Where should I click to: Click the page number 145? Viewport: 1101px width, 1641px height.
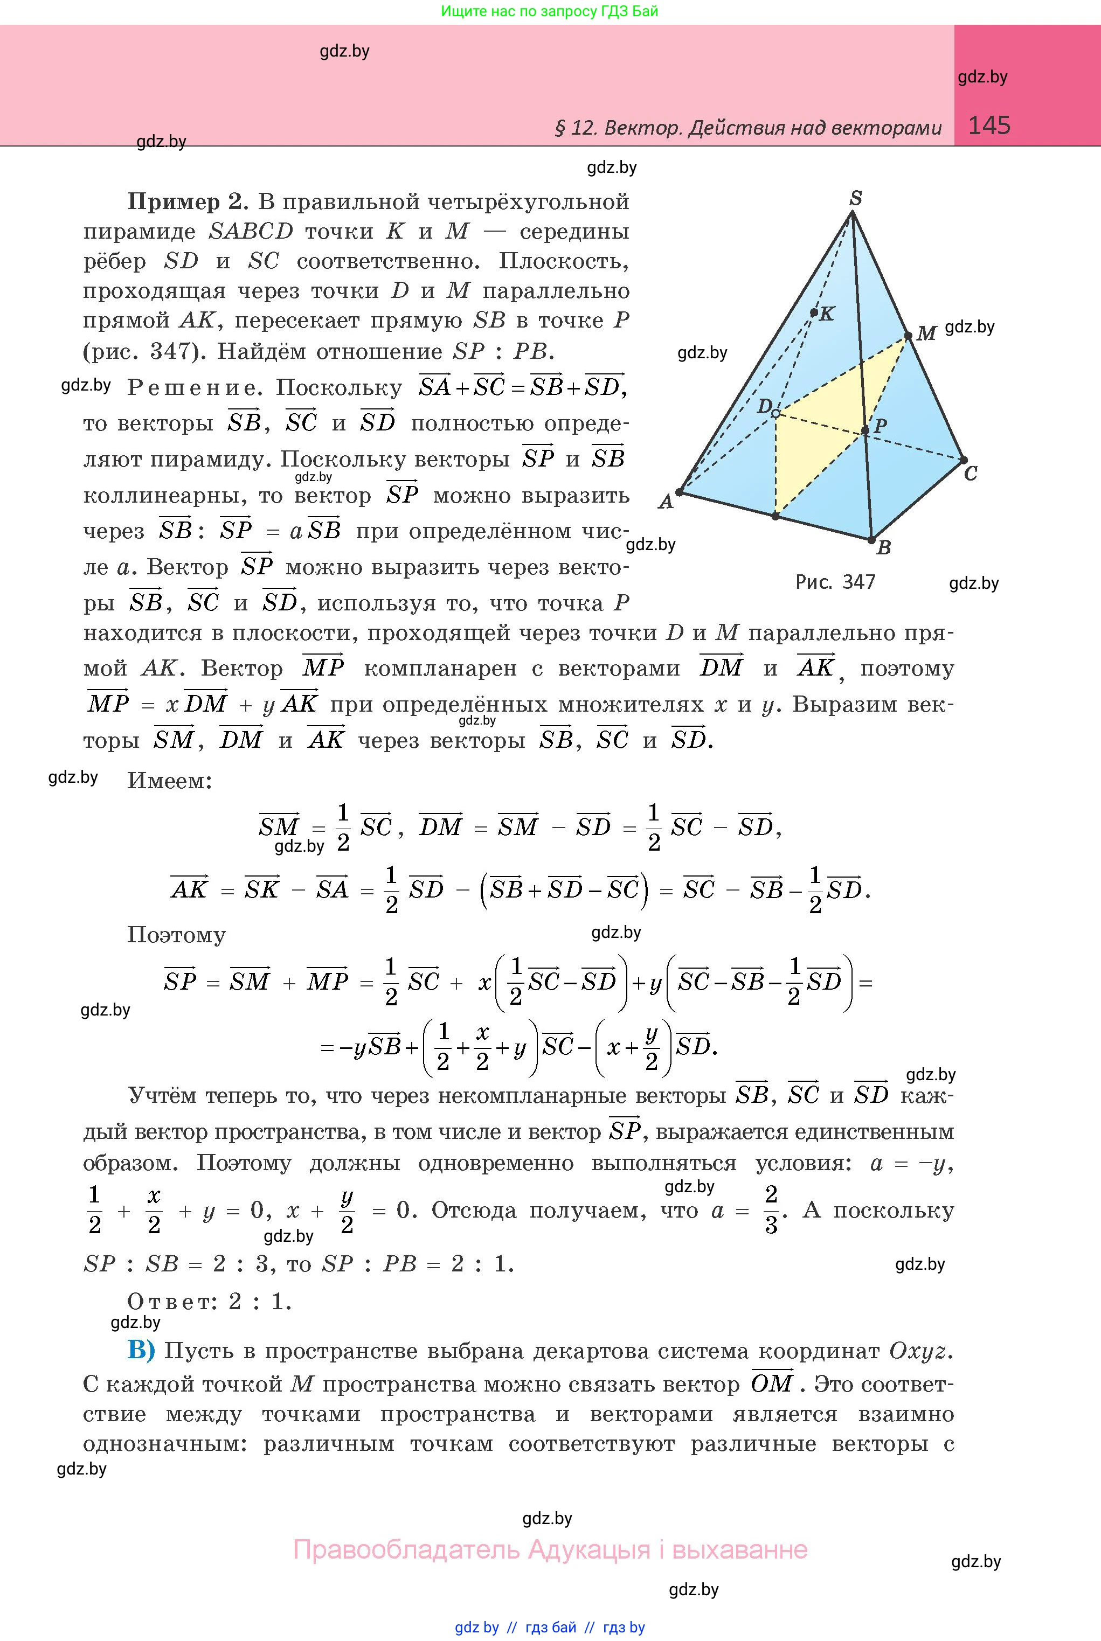click(x=989, y=125)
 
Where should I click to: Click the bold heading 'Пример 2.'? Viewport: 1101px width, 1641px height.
click(x=187, y=202)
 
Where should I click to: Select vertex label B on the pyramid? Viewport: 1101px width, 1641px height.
click(x=884, y=547)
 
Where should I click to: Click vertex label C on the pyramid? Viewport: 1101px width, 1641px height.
click(x=971, y=474)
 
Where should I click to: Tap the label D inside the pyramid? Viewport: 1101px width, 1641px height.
click(x=764, y=406)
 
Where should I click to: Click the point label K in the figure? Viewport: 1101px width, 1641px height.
click(x=827, y=314)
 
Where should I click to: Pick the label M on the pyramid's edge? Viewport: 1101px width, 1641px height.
click(x=927, y=333)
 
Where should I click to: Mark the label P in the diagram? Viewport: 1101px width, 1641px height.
click(x=880, y=426)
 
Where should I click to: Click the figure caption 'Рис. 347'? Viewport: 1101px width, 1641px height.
click(x=835, y=582)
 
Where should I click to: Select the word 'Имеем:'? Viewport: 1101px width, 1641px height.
click(x=169, y=781)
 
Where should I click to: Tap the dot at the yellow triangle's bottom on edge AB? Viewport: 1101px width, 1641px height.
click(x=775, y=517)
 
